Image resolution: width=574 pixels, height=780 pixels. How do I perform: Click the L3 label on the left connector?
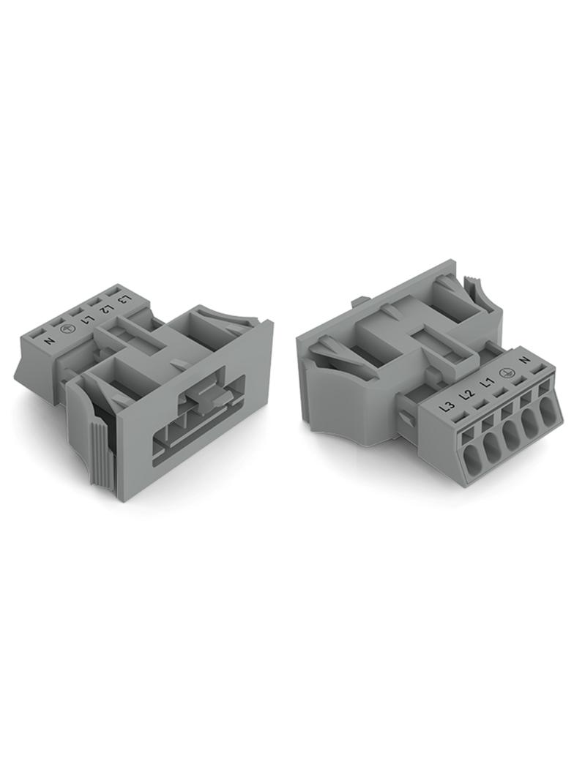[126, 299]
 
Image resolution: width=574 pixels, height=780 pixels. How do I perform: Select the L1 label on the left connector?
[88, 319]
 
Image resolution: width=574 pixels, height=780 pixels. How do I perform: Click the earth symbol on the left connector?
[67, 330]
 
